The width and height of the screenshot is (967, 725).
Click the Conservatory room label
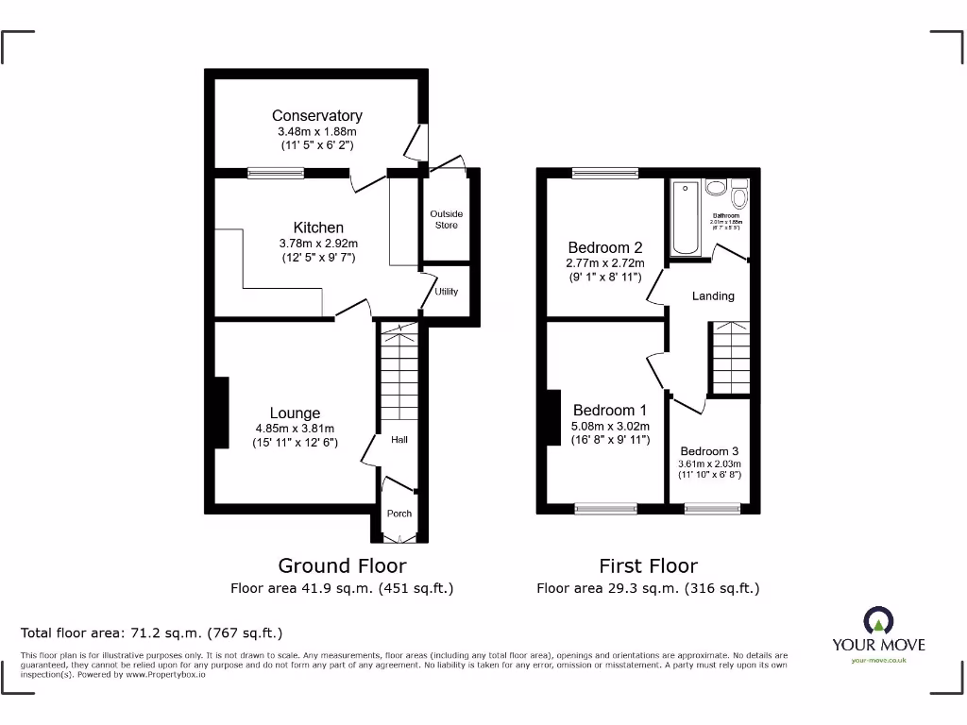tap(316, 115)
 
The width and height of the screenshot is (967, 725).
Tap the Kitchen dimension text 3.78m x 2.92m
tap(318, 244)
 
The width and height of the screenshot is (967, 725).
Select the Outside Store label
tap(446, 219)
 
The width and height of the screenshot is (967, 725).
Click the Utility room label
tap(446, 291)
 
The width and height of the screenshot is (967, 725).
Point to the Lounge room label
tap(295, 413)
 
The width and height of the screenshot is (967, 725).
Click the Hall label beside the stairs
tap(399, 439)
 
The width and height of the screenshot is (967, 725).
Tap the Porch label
tap(399, 514)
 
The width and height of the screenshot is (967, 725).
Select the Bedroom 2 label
tap(604, 248)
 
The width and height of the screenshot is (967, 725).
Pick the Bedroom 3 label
tap(709, 451)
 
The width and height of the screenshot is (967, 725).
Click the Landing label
tap(713, 295)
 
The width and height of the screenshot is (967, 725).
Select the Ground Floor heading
tap(342, 565)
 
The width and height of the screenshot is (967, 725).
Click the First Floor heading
tap(648, 565)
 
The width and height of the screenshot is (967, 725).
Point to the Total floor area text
tap(151, 632)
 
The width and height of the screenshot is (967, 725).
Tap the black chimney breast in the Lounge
tap(221, 413)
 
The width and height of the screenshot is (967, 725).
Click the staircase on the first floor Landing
tap(730, 357)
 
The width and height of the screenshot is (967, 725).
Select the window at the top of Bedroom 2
tap(604, 173)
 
